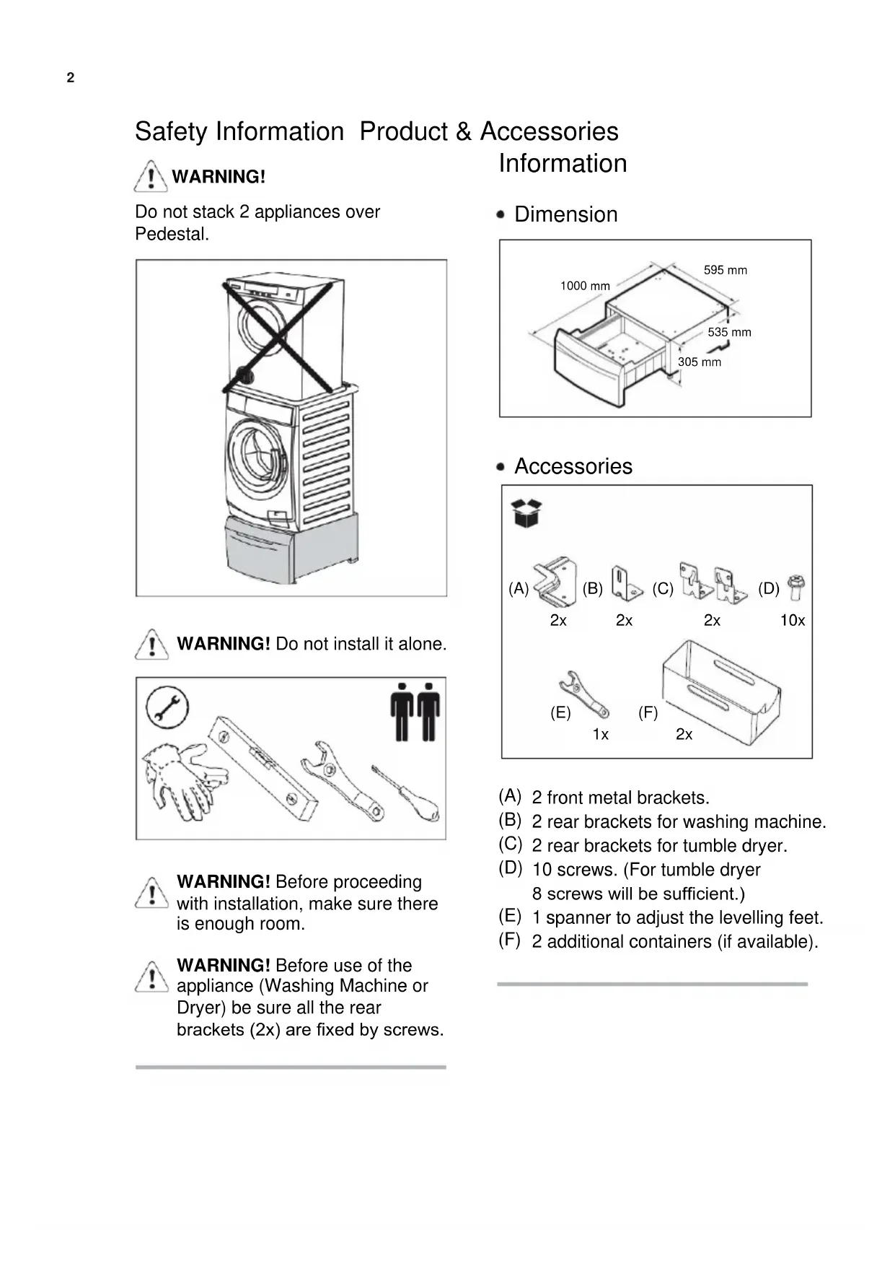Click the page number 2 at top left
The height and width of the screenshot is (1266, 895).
[x=70, y=78]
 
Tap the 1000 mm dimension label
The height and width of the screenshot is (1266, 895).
[x=585, y=286]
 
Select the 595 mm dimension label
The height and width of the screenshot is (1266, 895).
[x=725, y=270]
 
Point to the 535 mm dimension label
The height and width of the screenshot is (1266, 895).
[x=729, y=332]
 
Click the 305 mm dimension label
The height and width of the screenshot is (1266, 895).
[x=699, y=362]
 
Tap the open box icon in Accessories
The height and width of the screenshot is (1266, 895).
[x=526, y=512]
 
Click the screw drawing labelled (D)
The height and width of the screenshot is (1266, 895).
[x=796, y=588]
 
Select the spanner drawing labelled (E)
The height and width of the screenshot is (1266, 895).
[x=583, y=694]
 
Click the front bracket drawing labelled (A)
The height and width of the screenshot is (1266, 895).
[x=555, y=582]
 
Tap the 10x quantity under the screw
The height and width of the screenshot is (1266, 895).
[x=792, y=621]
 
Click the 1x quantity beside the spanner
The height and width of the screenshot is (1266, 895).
[x=600, y=735]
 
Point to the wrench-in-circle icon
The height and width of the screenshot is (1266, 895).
[x=167, y=707]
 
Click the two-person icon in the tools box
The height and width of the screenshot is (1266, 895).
[x=415, y=712]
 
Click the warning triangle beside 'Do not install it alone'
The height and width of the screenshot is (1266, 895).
[x=151, y=645]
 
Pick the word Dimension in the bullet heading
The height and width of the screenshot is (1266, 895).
[x=565, y=214]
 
